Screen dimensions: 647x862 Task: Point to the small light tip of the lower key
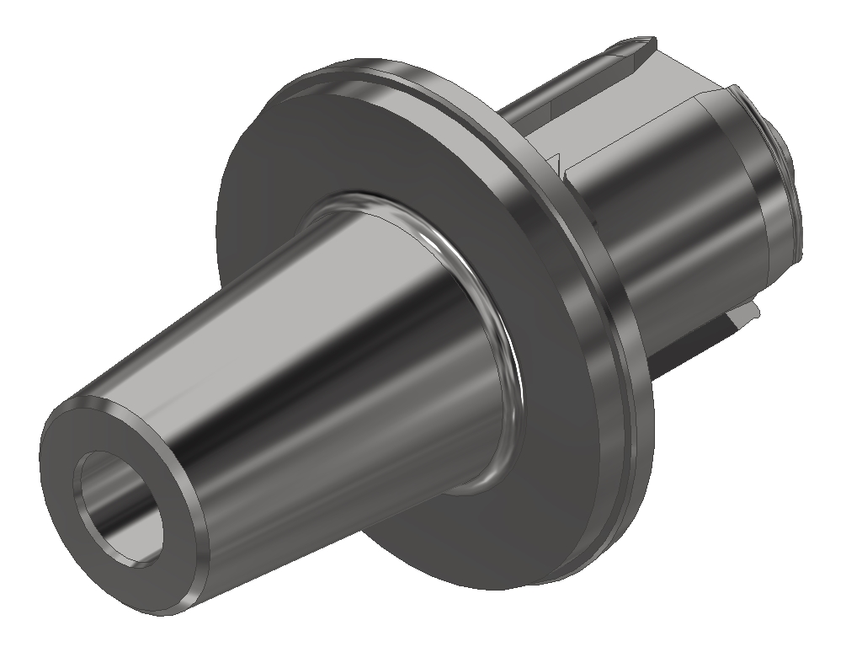(x=749, y=313)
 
